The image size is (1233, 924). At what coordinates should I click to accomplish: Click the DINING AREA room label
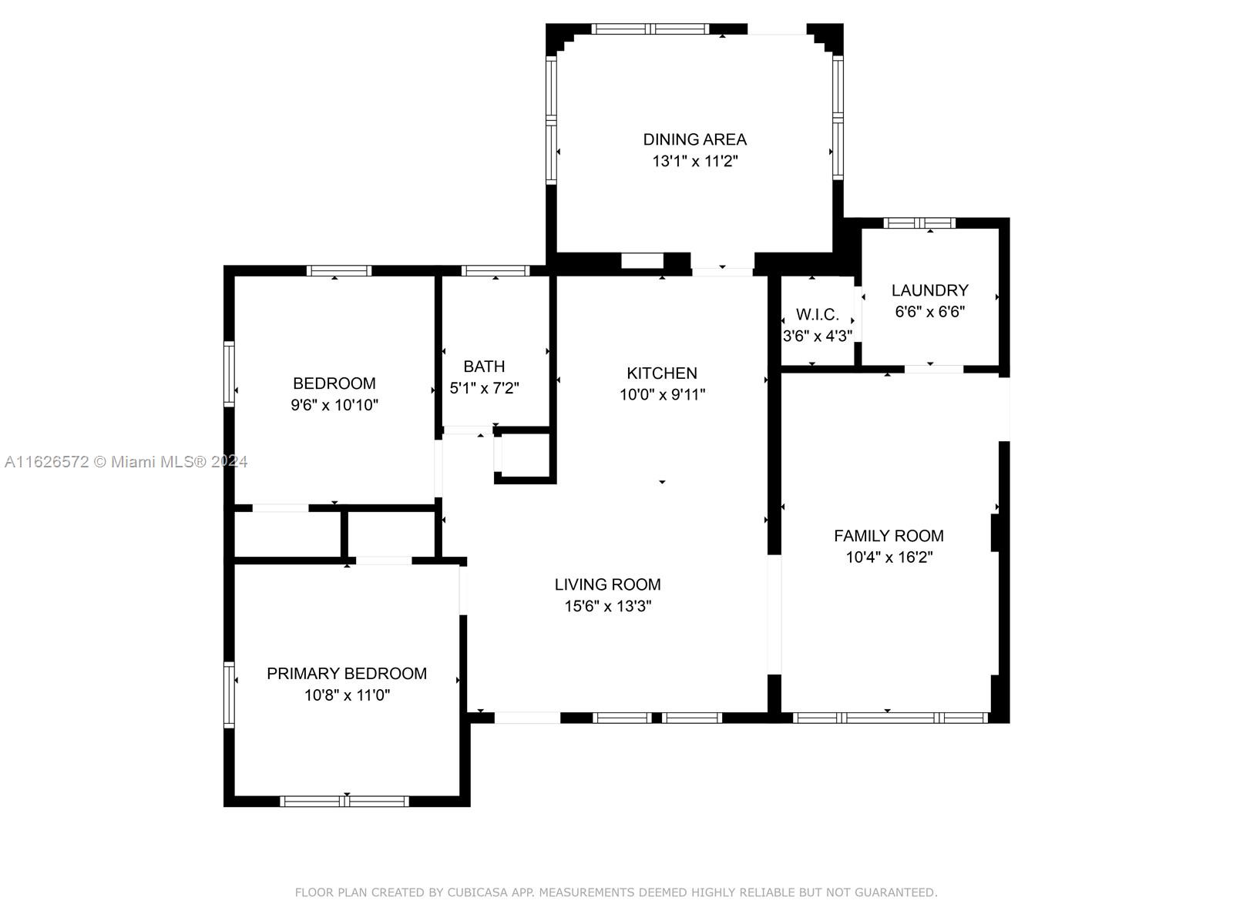point(694,139)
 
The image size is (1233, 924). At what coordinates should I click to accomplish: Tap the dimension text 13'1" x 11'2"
point(694,161)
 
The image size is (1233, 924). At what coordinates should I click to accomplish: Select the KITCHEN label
point(662,373)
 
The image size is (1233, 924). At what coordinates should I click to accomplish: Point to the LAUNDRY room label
point(929,290)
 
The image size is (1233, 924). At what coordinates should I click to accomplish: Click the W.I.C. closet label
point(818,314)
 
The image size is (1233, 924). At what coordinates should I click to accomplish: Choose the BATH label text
point(484,367)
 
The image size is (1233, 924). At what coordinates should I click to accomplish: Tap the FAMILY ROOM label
point(889,536)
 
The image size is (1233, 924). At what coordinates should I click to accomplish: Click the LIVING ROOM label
point(607,584)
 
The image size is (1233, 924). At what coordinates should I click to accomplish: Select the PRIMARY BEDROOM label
point(347,673)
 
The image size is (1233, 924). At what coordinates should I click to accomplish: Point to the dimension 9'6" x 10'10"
point(334,405)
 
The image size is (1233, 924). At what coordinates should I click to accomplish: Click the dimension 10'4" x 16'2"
point(889,557)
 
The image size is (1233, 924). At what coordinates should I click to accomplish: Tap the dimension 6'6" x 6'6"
point(929,311)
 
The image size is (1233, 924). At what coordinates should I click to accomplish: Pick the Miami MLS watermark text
point(126,462)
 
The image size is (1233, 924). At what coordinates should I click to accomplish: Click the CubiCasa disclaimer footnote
point(616,892)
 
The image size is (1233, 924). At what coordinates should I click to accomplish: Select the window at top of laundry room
point(919,223)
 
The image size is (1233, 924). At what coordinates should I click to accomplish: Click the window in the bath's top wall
point(495,271)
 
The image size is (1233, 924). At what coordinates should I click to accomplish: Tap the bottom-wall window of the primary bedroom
point(344,801)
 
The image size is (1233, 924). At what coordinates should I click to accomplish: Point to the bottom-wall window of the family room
point(890,718)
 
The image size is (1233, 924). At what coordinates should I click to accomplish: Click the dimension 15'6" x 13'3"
point(607,606)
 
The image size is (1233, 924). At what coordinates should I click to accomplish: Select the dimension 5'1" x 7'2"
point(484,387)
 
